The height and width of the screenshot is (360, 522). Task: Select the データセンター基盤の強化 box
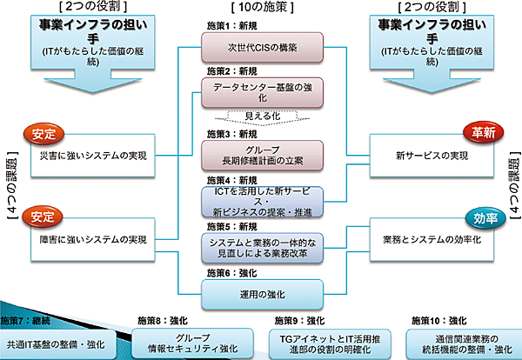262,92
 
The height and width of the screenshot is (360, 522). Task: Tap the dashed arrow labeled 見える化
262,117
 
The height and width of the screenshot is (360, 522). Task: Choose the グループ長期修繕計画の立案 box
262,155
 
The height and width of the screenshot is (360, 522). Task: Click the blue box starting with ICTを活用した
262,201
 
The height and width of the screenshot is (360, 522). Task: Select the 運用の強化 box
262,294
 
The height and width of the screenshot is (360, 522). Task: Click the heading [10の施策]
261,8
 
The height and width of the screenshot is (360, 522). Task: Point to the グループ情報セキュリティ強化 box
192,344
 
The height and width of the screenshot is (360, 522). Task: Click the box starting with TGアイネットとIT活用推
327,344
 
